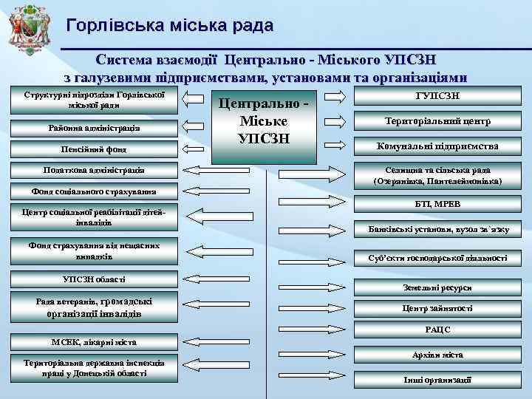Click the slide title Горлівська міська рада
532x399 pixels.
169,26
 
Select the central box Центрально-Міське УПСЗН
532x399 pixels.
264,120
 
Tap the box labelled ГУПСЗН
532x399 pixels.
438,97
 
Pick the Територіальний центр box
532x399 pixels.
438,121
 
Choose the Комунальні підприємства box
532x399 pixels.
438,146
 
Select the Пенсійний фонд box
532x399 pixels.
93,150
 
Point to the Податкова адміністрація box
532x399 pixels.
93,171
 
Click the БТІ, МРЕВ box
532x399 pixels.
438,203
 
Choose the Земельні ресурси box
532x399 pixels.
438,287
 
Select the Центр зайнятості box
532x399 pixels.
438,308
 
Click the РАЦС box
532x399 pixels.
438,330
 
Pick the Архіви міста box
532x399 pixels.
438,355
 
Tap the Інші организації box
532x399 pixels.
438,380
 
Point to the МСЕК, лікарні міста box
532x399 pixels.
93,342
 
